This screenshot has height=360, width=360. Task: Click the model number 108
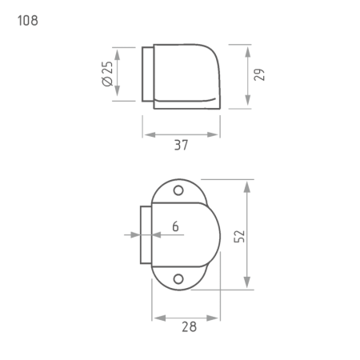point(28,21)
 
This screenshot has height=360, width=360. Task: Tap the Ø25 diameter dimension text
point(107,74)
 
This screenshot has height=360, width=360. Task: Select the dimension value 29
point(259,74)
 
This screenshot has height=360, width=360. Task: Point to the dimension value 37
point(181,145)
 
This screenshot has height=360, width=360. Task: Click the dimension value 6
point(175,226)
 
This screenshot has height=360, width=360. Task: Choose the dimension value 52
point(239,236)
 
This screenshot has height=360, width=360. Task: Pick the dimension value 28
point(189,326)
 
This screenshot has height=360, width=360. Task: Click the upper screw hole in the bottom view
point(178,190)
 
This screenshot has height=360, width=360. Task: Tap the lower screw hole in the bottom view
point(178,279)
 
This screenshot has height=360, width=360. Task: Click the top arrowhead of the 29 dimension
point(248,52)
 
